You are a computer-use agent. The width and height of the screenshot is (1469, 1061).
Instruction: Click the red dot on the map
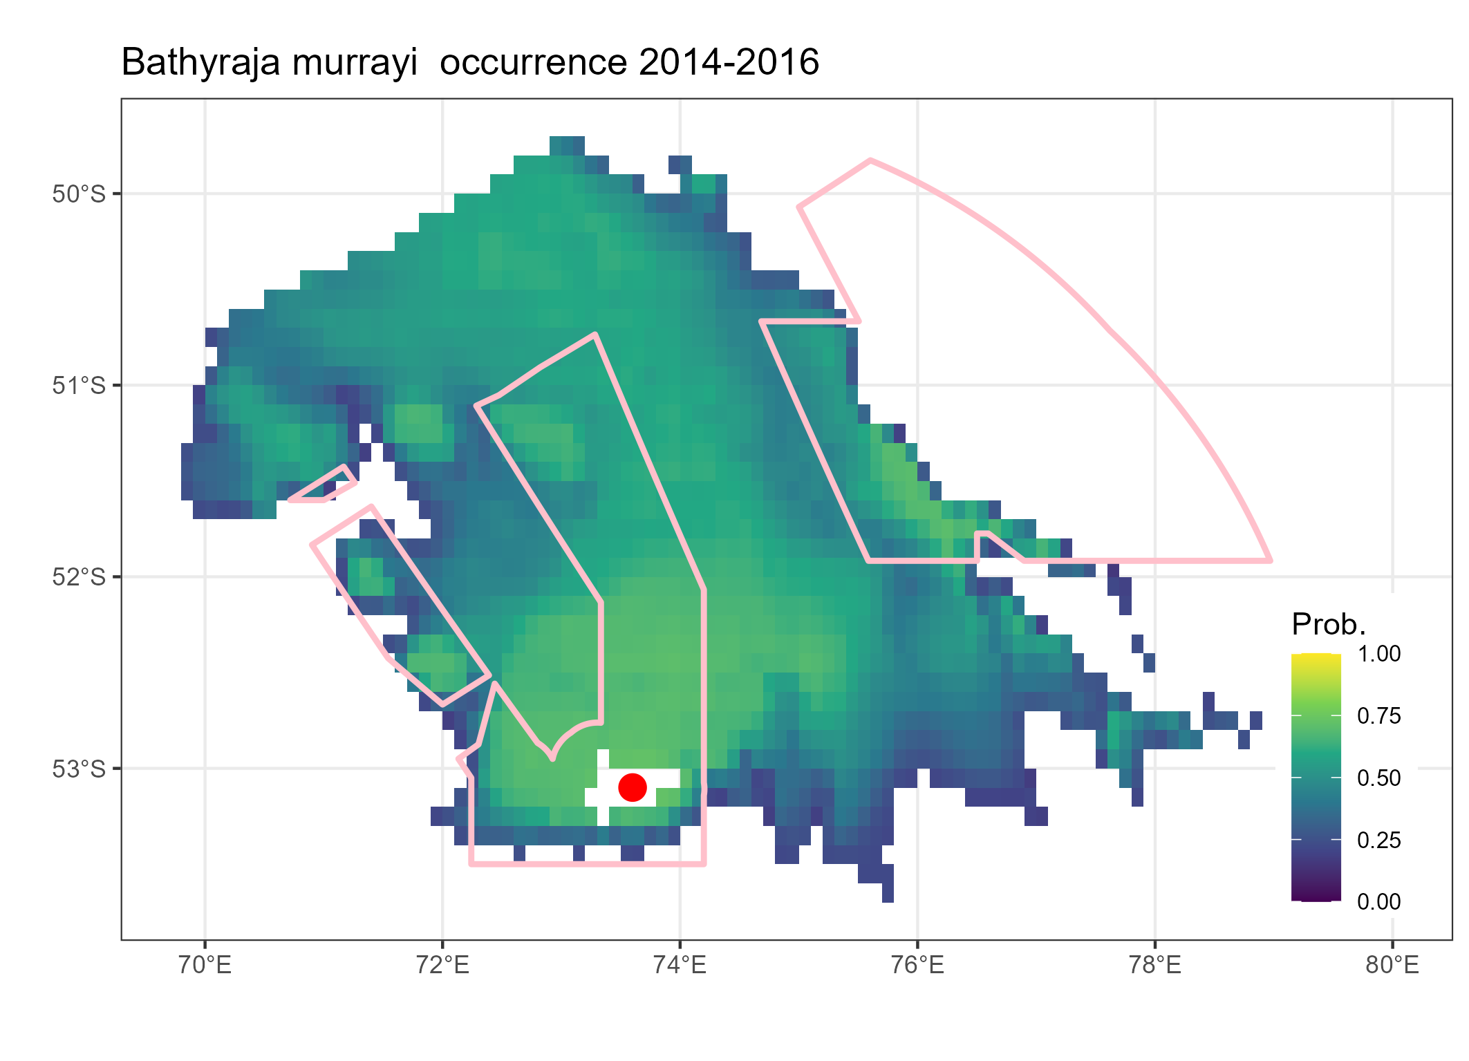tap(632, 787)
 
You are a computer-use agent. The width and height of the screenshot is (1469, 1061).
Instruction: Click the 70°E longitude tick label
tap(205, 965)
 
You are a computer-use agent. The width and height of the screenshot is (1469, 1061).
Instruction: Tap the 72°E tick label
tap(442, 965)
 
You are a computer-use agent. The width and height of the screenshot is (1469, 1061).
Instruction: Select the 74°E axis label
tap(680, 965)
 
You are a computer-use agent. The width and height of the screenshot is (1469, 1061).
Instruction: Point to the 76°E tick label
tap(917, 965)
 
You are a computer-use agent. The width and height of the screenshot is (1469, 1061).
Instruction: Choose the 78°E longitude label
tap(1155, 965)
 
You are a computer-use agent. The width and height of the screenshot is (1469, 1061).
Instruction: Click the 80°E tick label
tap(1392, 965)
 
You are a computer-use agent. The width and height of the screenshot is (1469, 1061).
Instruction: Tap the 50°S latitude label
tap(79, 194)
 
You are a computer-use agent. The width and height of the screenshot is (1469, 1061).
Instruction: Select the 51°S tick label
tap(79, 386)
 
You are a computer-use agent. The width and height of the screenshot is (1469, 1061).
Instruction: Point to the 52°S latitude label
tap(79, 577)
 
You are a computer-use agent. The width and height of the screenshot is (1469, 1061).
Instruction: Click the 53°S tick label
tap(79, 769)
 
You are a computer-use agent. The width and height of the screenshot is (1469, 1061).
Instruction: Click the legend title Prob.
tap(1328, 625)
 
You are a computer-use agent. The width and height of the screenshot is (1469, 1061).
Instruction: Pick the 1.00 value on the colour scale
tap(1378, 654)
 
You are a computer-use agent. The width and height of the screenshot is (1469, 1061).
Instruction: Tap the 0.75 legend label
tap(1378, 716)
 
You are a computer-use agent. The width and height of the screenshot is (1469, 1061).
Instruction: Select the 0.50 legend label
tap(1378, 778)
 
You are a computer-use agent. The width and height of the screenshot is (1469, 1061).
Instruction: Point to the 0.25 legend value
tap(1378, 841)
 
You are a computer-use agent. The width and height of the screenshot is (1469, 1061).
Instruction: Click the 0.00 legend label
tap(1378, 902)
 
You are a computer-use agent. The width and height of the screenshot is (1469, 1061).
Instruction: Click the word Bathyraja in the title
tap(200, 63)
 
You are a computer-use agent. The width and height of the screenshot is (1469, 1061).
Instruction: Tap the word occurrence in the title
tap(533, 63)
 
